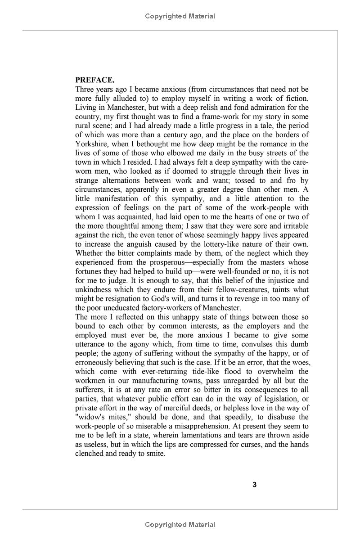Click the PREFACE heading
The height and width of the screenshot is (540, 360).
[95, 80]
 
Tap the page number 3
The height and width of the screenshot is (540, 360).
[255, 485]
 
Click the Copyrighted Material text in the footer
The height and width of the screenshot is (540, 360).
[180, 525]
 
